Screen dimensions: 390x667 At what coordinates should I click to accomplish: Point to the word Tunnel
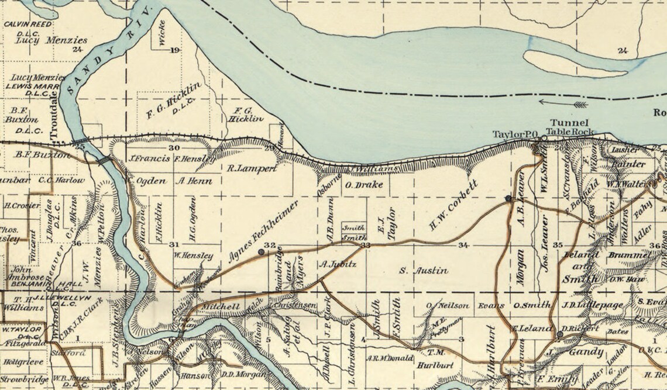pos(563,122)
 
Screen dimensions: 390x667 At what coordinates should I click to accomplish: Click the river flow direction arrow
pos(562,103)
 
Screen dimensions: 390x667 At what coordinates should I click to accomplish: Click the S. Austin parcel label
pos(424,271)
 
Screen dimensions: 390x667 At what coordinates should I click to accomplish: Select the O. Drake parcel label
pos(364,185)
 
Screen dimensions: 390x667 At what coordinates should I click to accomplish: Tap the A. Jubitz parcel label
pos(334,264)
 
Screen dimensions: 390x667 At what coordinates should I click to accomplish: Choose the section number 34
pos(464,244)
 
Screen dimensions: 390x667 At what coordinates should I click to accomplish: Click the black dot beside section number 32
pos(261,252)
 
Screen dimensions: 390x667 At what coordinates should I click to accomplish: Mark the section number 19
pos(174,50)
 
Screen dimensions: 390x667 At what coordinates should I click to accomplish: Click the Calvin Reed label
pos(28,24)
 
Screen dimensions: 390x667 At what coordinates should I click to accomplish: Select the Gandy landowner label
pos(585,351)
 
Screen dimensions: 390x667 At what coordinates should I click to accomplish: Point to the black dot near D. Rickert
pos(559,334)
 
